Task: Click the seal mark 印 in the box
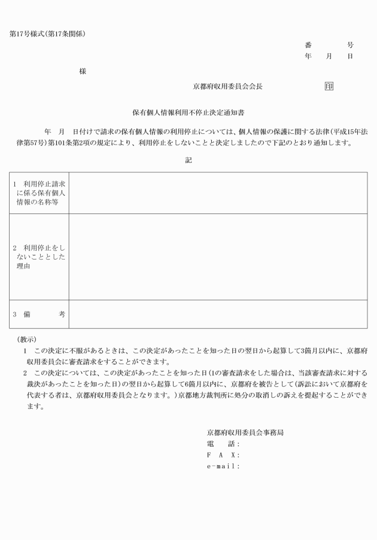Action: click(x=329, y=86)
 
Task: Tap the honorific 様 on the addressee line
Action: click(x=83, y=71)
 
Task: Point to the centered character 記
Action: click(x=188, y=160)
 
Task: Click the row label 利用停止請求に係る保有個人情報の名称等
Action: click(x=39, y=193)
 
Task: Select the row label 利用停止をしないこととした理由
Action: click(x=39, y=257)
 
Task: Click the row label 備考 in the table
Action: click(x=39, y=314)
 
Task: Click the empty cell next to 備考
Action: click(x=218, y=314)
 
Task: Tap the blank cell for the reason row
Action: click(x=218, y=257)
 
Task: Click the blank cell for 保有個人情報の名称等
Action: click(x=218, y=193)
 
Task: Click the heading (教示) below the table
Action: click(x=27, y=339)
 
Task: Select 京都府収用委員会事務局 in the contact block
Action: click(x=245, y=432)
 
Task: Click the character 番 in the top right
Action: click(x=308, y=45)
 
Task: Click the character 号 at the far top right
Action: click(x=350, y=45)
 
